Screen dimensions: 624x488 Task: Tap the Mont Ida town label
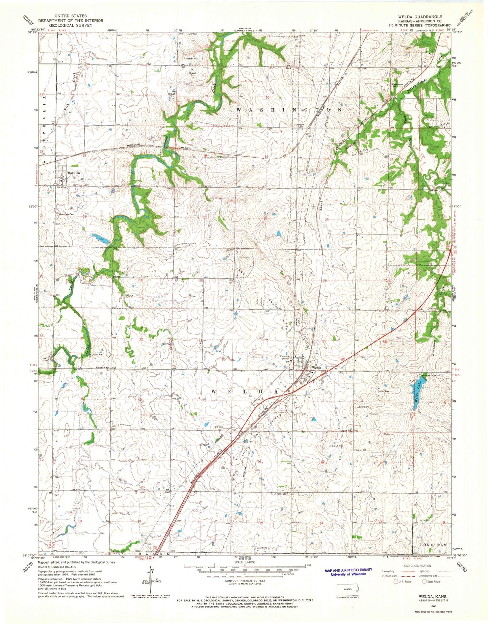[73, 173]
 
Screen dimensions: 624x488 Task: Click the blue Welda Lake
[418, 388]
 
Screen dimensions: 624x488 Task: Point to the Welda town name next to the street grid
[317, 368]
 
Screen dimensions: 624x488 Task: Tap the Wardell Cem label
[102, 368]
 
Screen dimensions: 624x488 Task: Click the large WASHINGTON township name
[290, 110]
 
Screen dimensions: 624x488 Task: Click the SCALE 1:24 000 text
[244, 563]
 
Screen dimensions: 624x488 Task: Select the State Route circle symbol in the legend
[424, 581]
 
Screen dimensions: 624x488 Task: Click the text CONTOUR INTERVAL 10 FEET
[244, 581]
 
